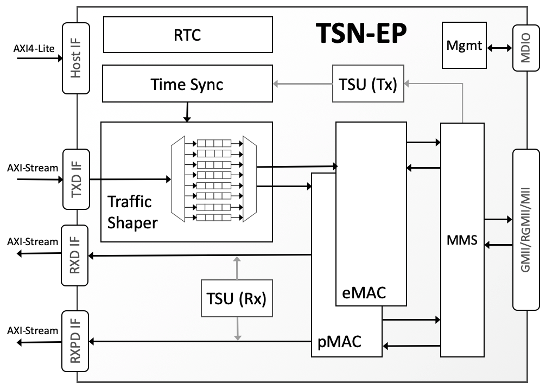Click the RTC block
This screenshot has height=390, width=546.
pyautogui.click(x=188, y=35)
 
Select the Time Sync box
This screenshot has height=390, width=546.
pyautogui.click(x=188, y=84)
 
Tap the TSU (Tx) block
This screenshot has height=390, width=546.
pyautogui.click(x=368, y=84)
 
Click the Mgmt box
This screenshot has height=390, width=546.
pyautogui.click(x=464, y=46)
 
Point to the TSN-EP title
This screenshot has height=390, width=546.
pyautogui.click(x=361, y=34)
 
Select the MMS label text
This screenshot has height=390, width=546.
pyautogui.click(x=462, y=240)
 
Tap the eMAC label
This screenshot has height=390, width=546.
pyautogui.click(x=364, y=292)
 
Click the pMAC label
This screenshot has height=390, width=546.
pyautogui.click(x=339, y=342)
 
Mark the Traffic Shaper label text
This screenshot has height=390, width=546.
pyautogui.click(x=132, y=212)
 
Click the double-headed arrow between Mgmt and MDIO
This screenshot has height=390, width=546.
pyautogui.click(x=499, y=48)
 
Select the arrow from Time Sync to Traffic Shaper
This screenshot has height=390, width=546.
pyautogui.click(x=187, y=112)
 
